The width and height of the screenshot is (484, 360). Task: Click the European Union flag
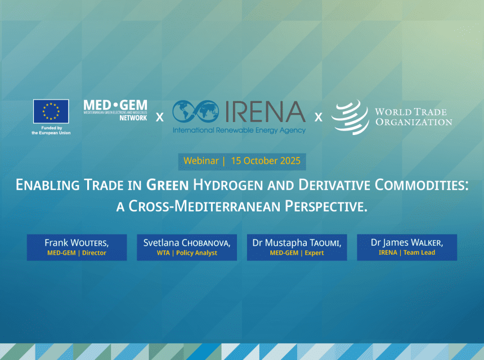coord(51,111)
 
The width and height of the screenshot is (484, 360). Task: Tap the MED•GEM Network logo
coord(115,110)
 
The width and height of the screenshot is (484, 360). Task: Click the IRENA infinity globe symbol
coord(196,111)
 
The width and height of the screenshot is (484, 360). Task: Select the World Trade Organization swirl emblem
coord(350,117)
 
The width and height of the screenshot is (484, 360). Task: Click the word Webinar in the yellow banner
coord(201,161)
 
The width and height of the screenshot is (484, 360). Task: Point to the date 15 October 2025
coord(266,161)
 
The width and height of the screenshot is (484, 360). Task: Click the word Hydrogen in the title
coord(228,185)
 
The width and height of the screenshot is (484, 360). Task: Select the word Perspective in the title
coord(326,206)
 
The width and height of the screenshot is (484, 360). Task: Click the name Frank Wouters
coord(77,243)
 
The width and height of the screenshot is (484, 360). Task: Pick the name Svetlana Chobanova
coord(187,243)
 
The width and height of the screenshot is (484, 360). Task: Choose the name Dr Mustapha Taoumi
coord(297,243)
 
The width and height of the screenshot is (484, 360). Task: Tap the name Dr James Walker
coord(407,243)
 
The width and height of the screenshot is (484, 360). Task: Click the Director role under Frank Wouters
coord(94,253)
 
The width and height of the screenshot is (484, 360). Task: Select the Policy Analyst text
coord(196,253)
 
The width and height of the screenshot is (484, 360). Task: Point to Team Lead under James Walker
coord(419,253)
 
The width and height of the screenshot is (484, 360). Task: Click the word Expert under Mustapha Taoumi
coord(314,253)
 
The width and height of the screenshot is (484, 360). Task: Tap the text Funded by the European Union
coord(51,130)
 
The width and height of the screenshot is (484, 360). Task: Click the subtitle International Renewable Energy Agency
coord(239,130)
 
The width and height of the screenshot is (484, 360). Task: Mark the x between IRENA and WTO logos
coord(319,117)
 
